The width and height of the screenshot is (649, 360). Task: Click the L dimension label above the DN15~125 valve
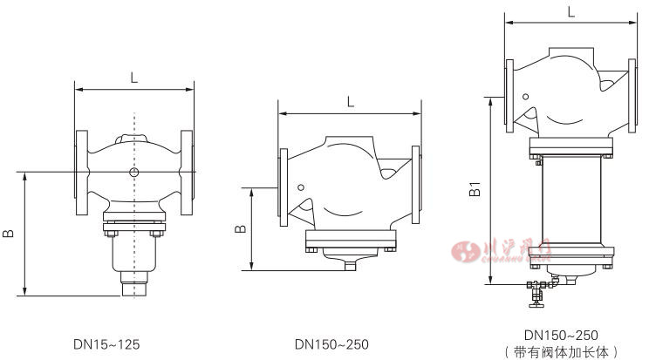133,78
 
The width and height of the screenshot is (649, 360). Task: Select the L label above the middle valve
350,101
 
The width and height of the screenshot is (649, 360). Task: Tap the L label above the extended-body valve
570,12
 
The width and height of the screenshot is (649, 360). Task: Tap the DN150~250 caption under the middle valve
331,344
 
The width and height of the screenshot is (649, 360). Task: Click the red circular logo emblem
461,251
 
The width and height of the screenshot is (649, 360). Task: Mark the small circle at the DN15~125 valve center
133,173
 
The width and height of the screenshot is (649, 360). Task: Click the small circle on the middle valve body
300,187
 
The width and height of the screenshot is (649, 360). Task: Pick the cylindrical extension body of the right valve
570,212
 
